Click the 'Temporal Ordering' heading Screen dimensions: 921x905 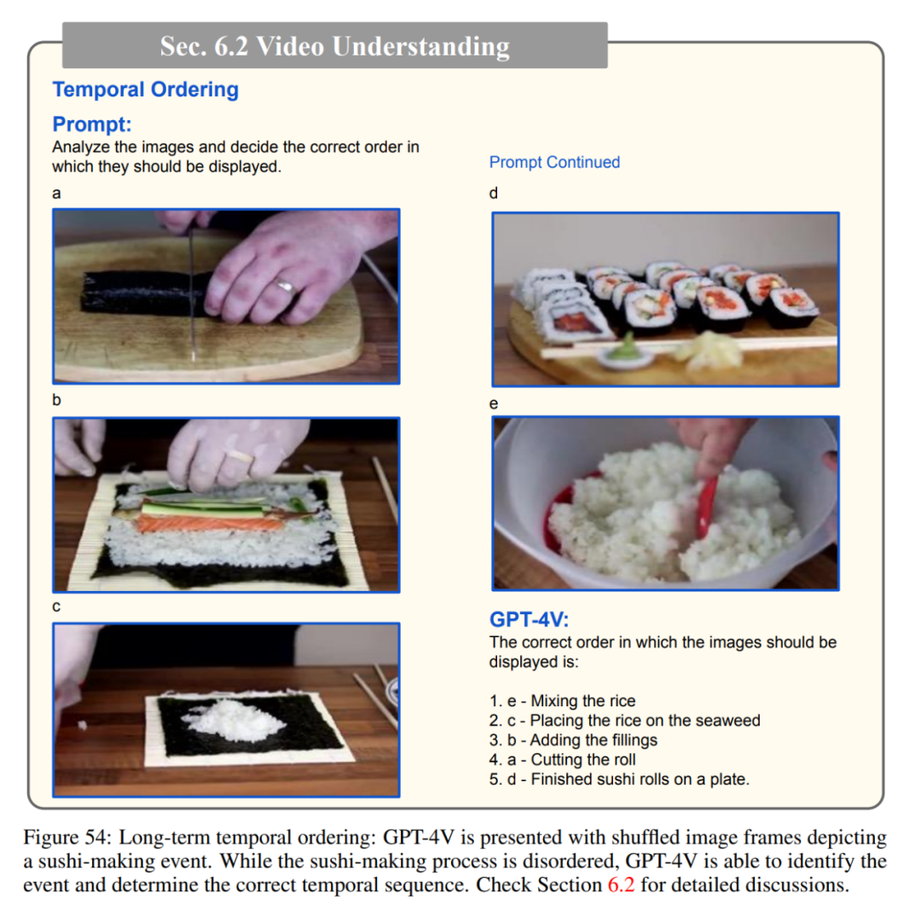146,90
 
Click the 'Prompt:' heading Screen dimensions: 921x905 91,124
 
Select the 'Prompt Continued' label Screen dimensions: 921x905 554,162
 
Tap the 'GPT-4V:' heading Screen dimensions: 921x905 530,619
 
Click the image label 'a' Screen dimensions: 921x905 56,194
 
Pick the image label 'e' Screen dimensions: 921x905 494,403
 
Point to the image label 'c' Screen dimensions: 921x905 56,606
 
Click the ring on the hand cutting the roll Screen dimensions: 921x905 287,287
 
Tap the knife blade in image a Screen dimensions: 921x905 191,293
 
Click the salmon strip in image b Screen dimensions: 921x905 210,523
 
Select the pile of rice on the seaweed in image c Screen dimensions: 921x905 233,719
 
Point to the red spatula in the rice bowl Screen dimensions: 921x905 707,507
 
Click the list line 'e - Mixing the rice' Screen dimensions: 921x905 562,700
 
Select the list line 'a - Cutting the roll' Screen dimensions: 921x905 562,759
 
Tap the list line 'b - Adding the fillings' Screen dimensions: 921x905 573,740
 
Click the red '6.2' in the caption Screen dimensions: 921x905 621,885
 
